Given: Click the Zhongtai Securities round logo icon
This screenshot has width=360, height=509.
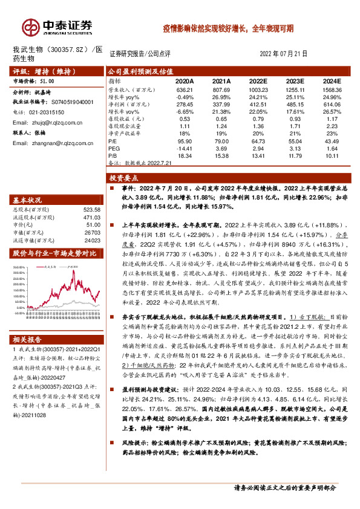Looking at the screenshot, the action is tap(30, 27).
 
